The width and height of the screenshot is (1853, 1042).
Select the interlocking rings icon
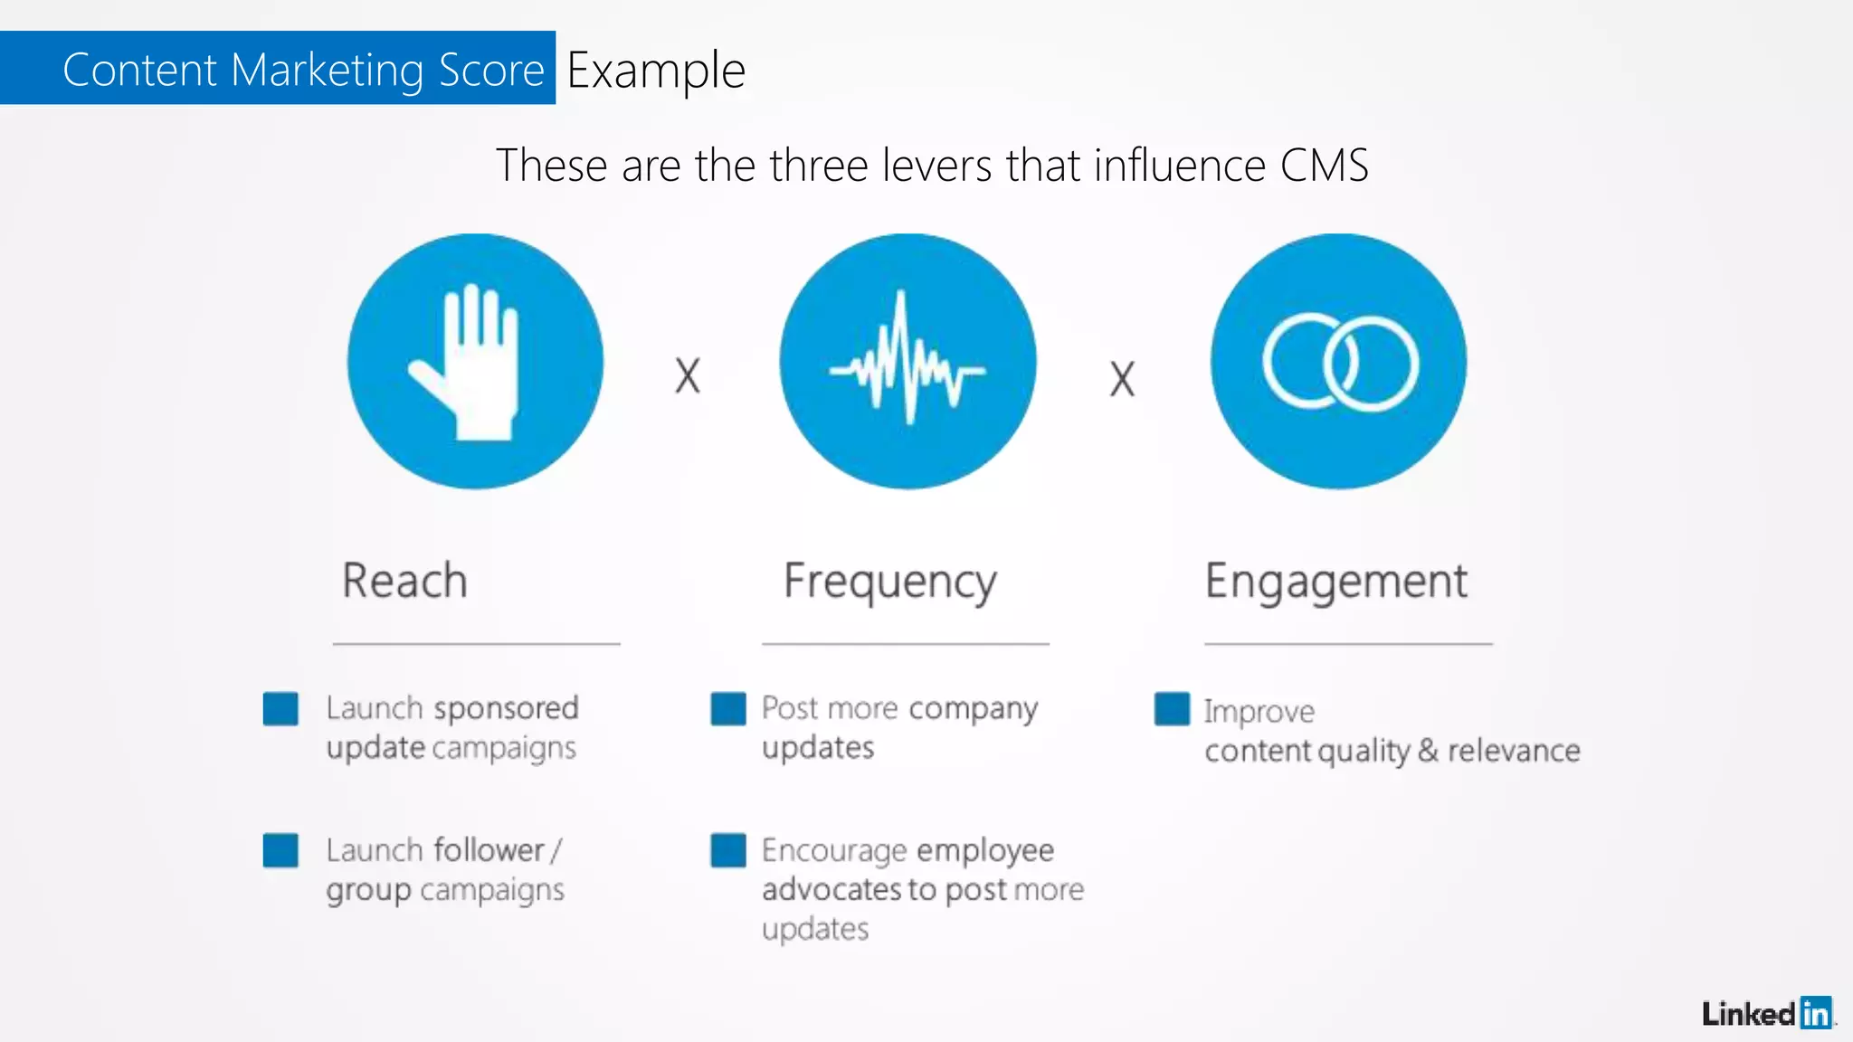coord(1340,362)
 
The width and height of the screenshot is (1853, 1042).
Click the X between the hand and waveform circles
coord(688,375)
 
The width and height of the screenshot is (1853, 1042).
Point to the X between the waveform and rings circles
coord(1122,379)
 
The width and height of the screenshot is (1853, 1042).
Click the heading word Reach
coord(404,581)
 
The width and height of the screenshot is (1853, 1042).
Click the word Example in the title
coord(656,71)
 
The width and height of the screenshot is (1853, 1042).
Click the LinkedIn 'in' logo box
coord(1815,1013)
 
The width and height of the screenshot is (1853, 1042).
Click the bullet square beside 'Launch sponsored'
coord(280,708)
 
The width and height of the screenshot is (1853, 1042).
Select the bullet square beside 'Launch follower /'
coord(280,850)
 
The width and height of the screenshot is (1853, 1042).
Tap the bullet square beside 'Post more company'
coord(728,708)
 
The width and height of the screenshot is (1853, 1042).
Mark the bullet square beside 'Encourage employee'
coord(728,850)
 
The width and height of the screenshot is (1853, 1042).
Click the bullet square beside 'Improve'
coord(1172,708)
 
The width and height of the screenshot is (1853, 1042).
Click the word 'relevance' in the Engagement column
coord(1514,751)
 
